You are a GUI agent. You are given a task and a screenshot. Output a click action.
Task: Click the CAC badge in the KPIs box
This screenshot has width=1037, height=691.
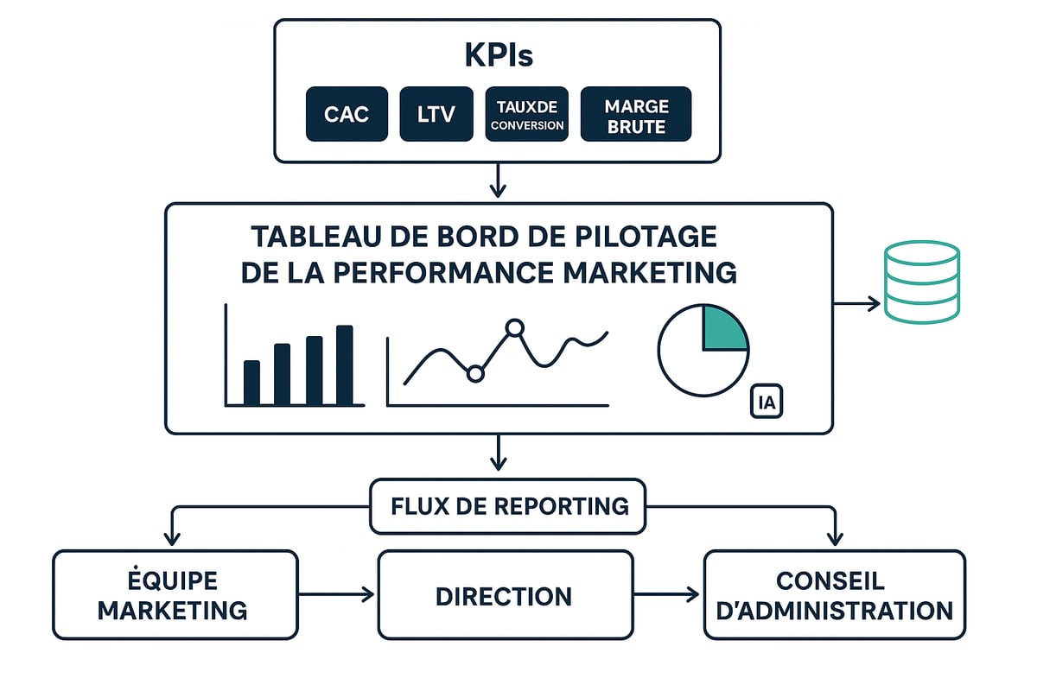point(347,114)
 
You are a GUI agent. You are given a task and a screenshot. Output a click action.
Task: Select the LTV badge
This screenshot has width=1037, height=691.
point(436,114)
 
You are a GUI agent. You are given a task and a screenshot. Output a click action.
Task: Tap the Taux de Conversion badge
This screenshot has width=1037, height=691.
point(527,114)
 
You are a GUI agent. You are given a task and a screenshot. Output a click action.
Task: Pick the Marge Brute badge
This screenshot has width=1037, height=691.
point(636,114)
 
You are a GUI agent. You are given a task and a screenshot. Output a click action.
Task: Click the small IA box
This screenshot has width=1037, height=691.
point(766,402)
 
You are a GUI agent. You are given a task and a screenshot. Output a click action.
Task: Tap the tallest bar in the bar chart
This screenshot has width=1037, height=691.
point(345,365)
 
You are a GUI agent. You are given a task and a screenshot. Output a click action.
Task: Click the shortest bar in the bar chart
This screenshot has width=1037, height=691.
point(251,383)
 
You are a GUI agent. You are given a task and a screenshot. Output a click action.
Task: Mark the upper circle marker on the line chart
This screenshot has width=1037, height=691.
point(515,327)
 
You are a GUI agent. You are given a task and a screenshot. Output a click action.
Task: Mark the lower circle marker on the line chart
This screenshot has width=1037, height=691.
point(474,373)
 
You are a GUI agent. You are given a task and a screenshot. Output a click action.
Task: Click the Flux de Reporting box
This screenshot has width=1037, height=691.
point(508,506)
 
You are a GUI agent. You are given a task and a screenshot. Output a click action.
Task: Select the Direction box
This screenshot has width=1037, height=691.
point(505,595)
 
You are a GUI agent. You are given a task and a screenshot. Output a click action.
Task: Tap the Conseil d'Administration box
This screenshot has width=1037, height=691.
point(834,594)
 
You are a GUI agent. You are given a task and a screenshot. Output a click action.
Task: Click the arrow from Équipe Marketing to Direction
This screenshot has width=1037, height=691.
point(337,594)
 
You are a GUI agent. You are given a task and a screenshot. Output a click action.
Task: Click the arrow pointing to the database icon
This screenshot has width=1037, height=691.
point(857,303)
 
